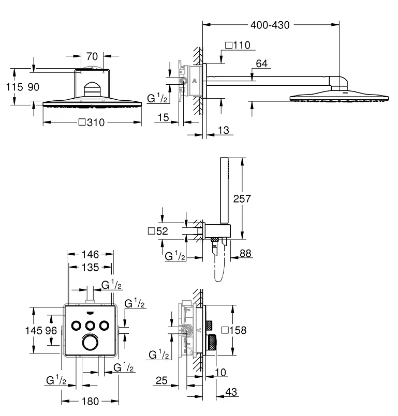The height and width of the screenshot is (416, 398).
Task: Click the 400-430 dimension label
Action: pyautogui.click(x=270, y=25)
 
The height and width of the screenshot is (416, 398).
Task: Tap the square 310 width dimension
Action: pyautogui.click(x=92, y=122)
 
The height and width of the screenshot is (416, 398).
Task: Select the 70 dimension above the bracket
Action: pyautogui.click(x=92, y=56)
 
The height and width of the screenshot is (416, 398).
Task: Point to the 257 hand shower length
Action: pyautogui.click(x=242, y=199)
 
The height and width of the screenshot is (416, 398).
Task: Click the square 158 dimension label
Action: pyautogui.click(x=234, y=330)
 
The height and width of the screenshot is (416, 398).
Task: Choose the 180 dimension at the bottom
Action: pyautogui.click(x=91, y=402)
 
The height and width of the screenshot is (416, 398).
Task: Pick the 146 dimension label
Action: pyautogui.click(x=91, y=254)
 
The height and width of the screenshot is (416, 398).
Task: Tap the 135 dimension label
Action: pyautogui.click(x=91, y=268)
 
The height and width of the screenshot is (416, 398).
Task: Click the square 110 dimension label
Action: pyautogui.click(x=238, y=45)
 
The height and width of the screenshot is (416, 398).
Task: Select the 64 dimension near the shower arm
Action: pyautogui.click(x=262, y=64)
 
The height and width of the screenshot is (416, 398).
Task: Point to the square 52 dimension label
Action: pyautogui.click(x=158, y=231)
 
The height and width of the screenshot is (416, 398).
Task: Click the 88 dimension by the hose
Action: pyautogui.click(x=245, y=253)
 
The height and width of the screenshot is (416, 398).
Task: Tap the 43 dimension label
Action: pyautogui.click(x=231, y=392)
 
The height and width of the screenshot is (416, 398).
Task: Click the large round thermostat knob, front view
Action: pyautogui.click(x=91, y=343)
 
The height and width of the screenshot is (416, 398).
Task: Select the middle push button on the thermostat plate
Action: pyautogui.click(x=91, y=326)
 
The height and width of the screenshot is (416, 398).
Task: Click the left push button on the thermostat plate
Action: pyautogui.click(x=76, y=326)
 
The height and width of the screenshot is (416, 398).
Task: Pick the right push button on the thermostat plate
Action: pyautogui.click(x=105, y=326)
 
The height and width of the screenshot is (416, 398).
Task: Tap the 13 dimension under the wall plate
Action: pyautogui.click(x=223, y=130)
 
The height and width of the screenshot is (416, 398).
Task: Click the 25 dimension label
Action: pyautogui.click(x=161, y=381)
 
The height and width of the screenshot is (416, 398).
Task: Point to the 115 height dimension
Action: pyautogui.click(x=14, y=87)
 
